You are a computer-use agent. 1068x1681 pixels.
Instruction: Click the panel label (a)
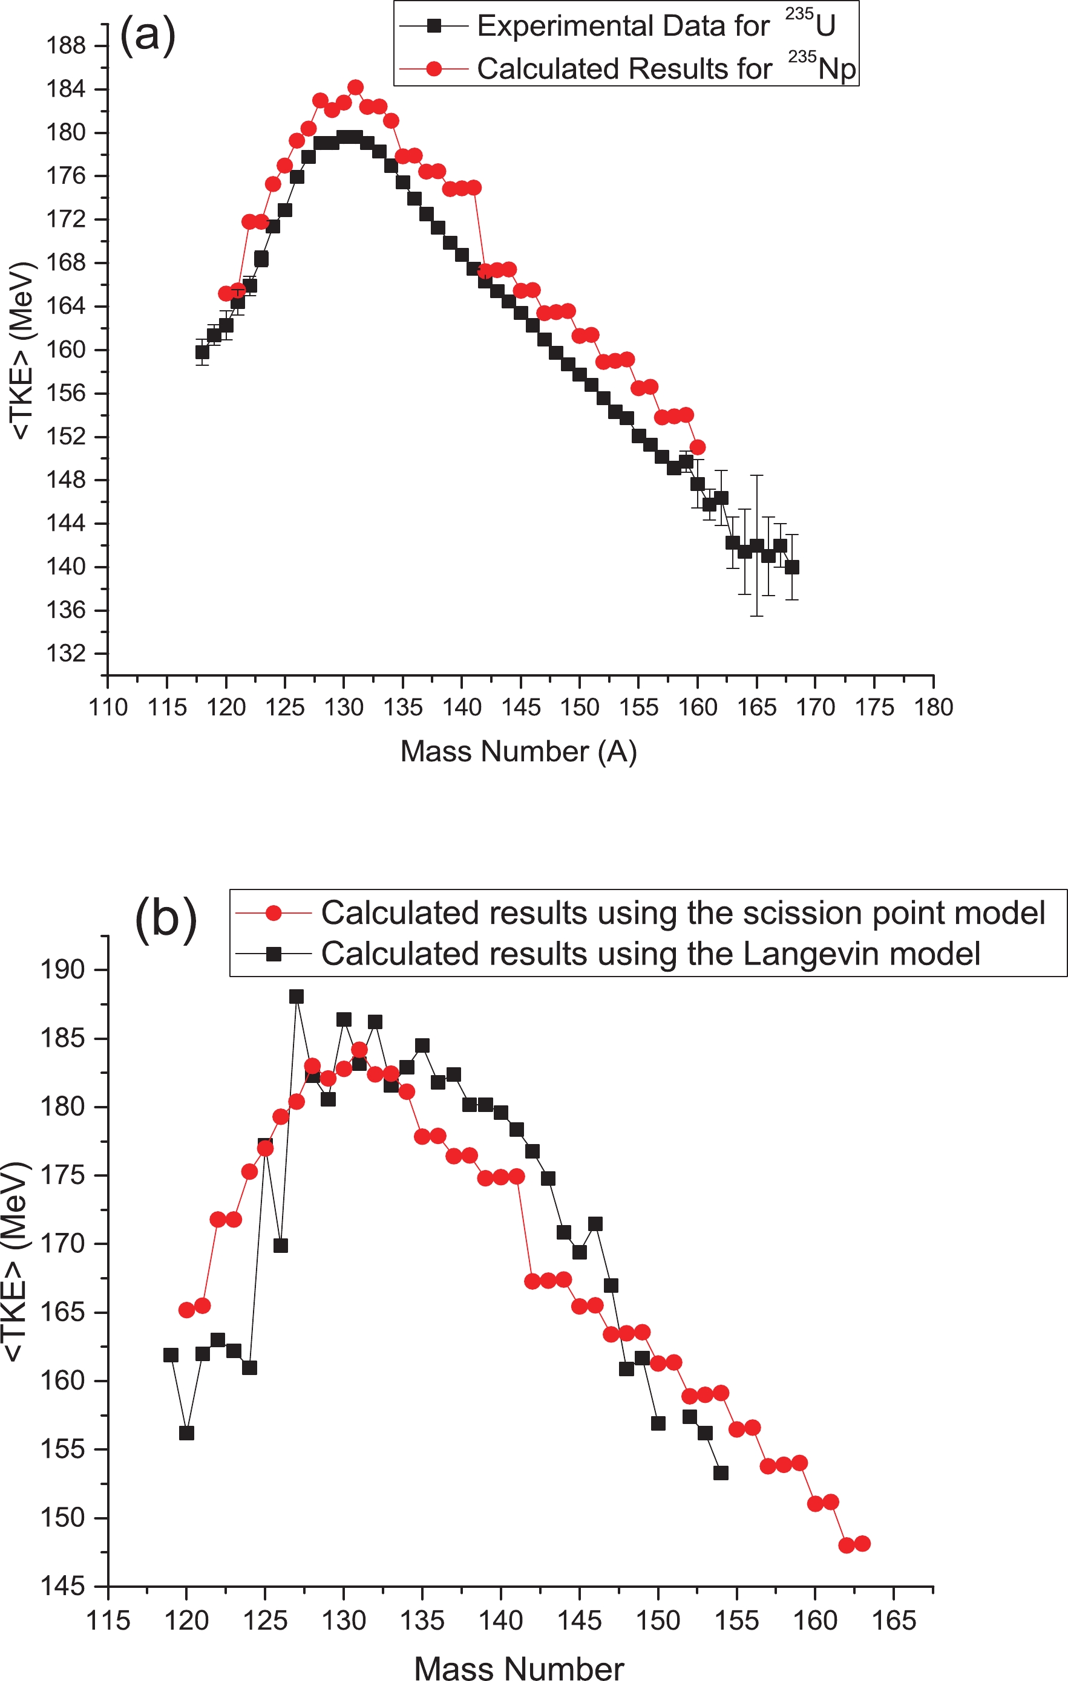pos(148,34)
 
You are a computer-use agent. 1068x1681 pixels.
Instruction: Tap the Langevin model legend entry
pos(650,954)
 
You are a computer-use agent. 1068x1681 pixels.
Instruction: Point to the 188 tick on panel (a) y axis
pos(66,46)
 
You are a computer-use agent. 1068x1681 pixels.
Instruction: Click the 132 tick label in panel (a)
pos(66,654)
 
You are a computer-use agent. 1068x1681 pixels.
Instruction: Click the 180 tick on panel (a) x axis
pos(934,707)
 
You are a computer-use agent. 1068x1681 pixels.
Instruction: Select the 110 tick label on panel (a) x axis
pos(108,707)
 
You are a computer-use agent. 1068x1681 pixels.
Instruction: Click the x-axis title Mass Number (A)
pos(519,752)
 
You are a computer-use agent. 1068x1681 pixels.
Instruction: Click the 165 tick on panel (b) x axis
pos(894,1621)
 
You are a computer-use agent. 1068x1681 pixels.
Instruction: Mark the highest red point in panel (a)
pos(356,87)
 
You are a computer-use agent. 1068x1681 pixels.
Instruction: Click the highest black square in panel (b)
pos(297,996)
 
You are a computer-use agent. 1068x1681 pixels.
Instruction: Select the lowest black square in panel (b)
pos(721,1473)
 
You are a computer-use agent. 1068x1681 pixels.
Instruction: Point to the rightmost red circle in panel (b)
pos(862,1544)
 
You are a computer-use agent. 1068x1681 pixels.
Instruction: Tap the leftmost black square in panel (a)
pos(202,352)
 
